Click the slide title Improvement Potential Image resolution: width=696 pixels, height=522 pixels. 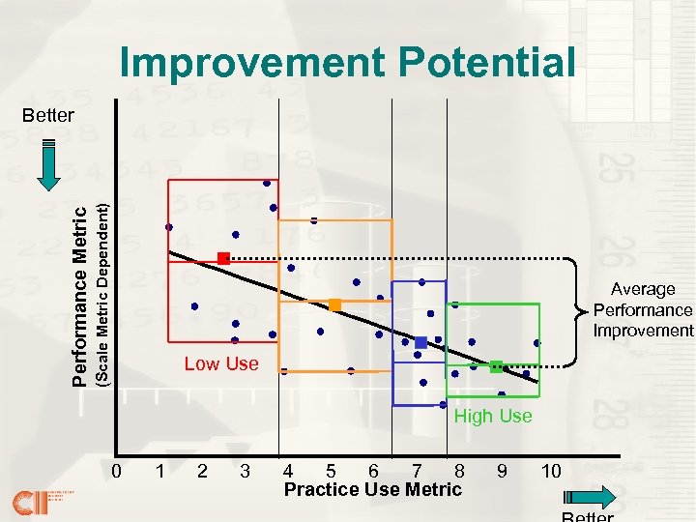point(347,63)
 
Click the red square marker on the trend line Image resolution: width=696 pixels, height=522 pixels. point(223,258)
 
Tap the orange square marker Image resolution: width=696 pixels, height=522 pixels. point(334,304)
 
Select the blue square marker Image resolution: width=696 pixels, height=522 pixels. point(420,343)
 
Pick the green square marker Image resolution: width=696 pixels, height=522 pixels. point(496,366)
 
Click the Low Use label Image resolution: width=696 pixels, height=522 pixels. point(221,363)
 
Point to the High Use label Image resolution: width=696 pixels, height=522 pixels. point(493,416)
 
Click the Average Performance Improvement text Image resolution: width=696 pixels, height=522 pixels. point(643,309)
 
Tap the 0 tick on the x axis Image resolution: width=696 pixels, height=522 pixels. point(116,472)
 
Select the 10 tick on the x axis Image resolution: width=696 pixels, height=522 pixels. point(551,472)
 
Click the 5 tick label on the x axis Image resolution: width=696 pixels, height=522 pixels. point(331,472)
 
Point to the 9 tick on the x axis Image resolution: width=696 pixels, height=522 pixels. point(501,472)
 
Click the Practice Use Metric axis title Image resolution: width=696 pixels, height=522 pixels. point(373,490)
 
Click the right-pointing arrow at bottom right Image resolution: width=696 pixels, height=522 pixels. point(588,499)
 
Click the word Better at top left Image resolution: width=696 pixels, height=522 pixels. point(47,115)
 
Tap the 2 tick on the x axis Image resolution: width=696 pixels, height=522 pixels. point(202,472)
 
